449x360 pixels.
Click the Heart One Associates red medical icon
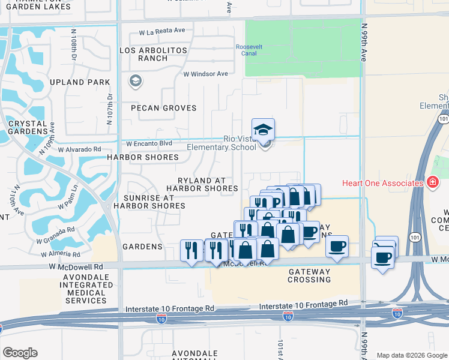[x=432, y=182]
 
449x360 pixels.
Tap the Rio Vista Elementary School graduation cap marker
[x=263, y=130]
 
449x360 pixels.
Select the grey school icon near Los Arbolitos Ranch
[x=135, y=81]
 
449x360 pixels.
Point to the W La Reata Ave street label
[x=162, y=30]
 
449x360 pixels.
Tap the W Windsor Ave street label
[x=206, y=74]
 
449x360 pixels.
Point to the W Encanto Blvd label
[x=148, y=143]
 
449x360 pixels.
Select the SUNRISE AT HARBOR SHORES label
[x=149, y=202]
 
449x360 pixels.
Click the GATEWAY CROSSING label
[x=308, y=275]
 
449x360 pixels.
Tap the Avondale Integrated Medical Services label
[x=83, y=290]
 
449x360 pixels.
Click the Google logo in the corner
[x=20, y=353]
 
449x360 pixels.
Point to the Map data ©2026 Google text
[x=412, y=355]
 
